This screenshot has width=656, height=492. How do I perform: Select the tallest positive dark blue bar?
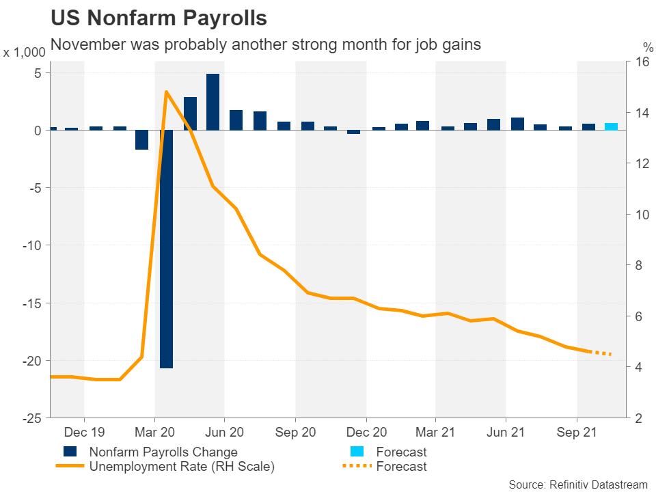tap(213, 102)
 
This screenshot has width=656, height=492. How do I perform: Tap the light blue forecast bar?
tap(612, 126)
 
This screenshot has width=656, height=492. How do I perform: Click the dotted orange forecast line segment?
tap(601, 353)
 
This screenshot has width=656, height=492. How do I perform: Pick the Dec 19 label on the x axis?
tap(84, 433)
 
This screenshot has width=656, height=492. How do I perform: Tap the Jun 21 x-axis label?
tap(506, 433)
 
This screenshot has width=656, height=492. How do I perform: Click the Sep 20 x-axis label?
tap(295, 433)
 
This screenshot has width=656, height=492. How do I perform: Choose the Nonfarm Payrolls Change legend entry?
tap(163, 452)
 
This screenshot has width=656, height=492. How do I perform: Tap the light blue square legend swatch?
tap(355, 452)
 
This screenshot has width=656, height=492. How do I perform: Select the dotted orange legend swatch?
tap(355, 466)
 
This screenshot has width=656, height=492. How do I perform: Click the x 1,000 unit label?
tap(26, 52)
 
